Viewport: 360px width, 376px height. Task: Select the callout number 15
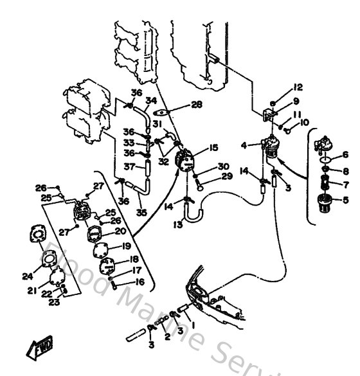point(214,148)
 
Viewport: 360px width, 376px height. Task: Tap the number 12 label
point(297,87)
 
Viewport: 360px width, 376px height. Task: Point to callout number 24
point(26,276)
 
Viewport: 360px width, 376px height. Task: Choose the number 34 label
point(150,100)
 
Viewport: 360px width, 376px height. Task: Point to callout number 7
point(345,184)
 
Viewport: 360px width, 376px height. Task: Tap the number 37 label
point(129,167)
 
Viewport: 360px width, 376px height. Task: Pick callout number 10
point(305,122)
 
